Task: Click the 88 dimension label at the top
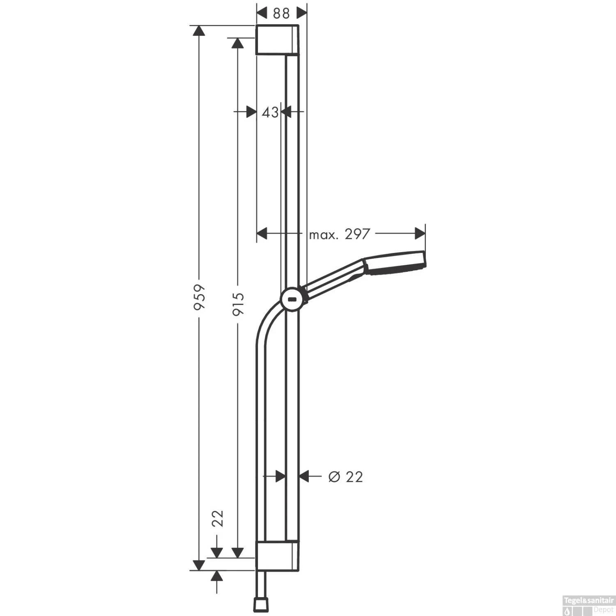click(x=281, y=14)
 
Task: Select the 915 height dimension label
click(x=238, y=303)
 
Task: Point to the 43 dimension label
click(x=270, y=112)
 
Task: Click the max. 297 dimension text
click(x=339, y=234)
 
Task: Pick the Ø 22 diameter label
click(x=345, y=477)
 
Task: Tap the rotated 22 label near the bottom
click(x=217, y=518)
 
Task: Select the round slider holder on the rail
click(x=292, y=299)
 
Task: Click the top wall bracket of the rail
click(x=277, y=40)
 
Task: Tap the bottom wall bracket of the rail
click(x=277, y=556)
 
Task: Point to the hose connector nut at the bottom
click(x=261, y=604)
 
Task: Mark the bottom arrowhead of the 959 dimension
click(x=199, y=565)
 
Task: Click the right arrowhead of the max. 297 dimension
click(x=420, y=233)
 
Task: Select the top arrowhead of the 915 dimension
click(x=238, y=43)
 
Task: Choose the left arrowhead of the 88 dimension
click(x=262, y=13)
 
